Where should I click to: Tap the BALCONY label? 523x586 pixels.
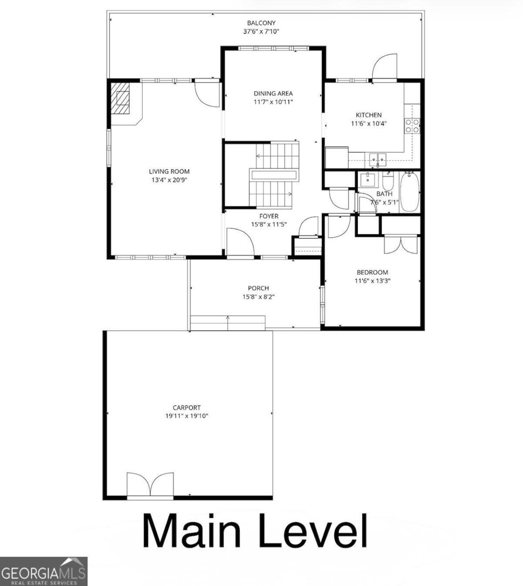261,23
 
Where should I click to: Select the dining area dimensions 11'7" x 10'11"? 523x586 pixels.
273,103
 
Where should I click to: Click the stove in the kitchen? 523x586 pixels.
412,126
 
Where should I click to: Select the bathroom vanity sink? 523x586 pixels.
368,180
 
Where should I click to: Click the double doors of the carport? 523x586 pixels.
150,485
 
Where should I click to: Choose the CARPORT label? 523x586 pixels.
187,408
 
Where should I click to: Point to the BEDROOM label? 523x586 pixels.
372,272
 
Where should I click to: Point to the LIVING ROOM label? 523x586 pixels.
169,171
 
